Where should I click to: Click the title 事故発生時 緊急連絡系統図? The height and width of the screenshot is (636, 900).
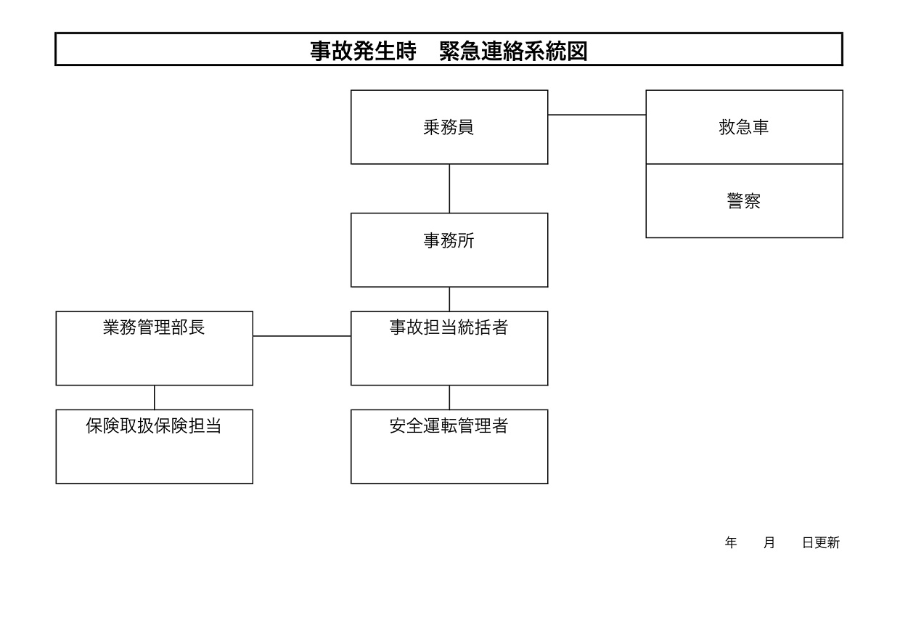pyautogui.click(x=449, y=51)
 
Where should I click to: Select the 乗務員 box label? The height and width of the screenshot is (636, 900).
pyautogui.click(x=449, y=127)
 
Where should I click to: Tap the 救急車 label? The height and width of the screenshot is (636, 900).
pyautogui.click(x=744, y=127)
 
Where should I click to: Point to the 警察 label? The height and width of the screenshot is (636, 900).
pyautogui.click(x=744, y=201)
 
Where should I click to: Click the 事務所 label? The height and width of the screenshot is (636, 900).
pyautogui.click(x=449, y=240)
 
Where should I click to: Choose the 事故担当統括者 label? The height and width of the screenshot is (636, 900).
pyautogui.click(x=449, y=327)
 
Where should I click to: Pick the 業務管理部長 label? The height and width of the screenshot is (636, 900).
pyautogui.click(x=154, y=327)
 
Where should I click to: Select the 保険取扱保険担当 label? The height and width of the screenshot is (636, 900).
pyautogui.click(x=153, y=425)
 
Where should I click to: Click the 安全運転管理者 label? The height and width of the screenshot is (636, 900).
pyautogui.click(x=449, y=425)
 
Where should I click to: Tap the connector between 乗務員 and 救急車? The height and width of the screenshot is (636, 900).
pyautogui.click(x=597, y=115)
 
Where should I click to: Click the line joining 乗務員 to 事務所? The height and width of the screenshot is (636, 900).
pyautogui.click(x=449, y=189)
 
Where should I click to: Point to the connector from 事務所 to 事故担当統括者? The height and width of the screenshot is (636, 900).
pyautogui.click(x=449, y=299)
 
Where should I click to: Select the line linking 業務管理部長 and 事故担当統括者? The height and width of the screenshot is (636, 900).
pyautogui.click(x=302, y=335)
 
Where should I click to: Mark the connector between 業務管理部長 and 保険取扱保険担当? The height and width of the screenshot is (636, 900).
pyautogui.click(x=155, y=398)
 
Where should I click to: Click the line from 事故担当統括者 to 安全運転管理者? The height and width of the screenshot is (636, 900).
pyautogui.click(x=449, y=398)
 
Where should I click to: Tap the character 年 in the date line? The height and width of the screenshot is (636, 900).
pyautogui.click(x=731, y=543)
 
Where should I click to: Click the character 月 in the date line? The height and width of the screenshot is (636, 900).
pyautogui.click(x=769, y=543)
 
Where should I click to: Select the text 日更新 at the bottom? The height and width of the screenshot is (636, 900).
pyautogui.click(x=821, y=543)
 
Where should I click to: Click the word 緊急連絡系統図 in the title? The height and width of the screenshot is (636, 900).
pyautogui.click(x=513, y=51)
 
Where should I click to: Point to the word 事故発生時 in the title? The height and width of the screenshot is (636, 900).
pyautogui.click(x=363, y=51)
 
